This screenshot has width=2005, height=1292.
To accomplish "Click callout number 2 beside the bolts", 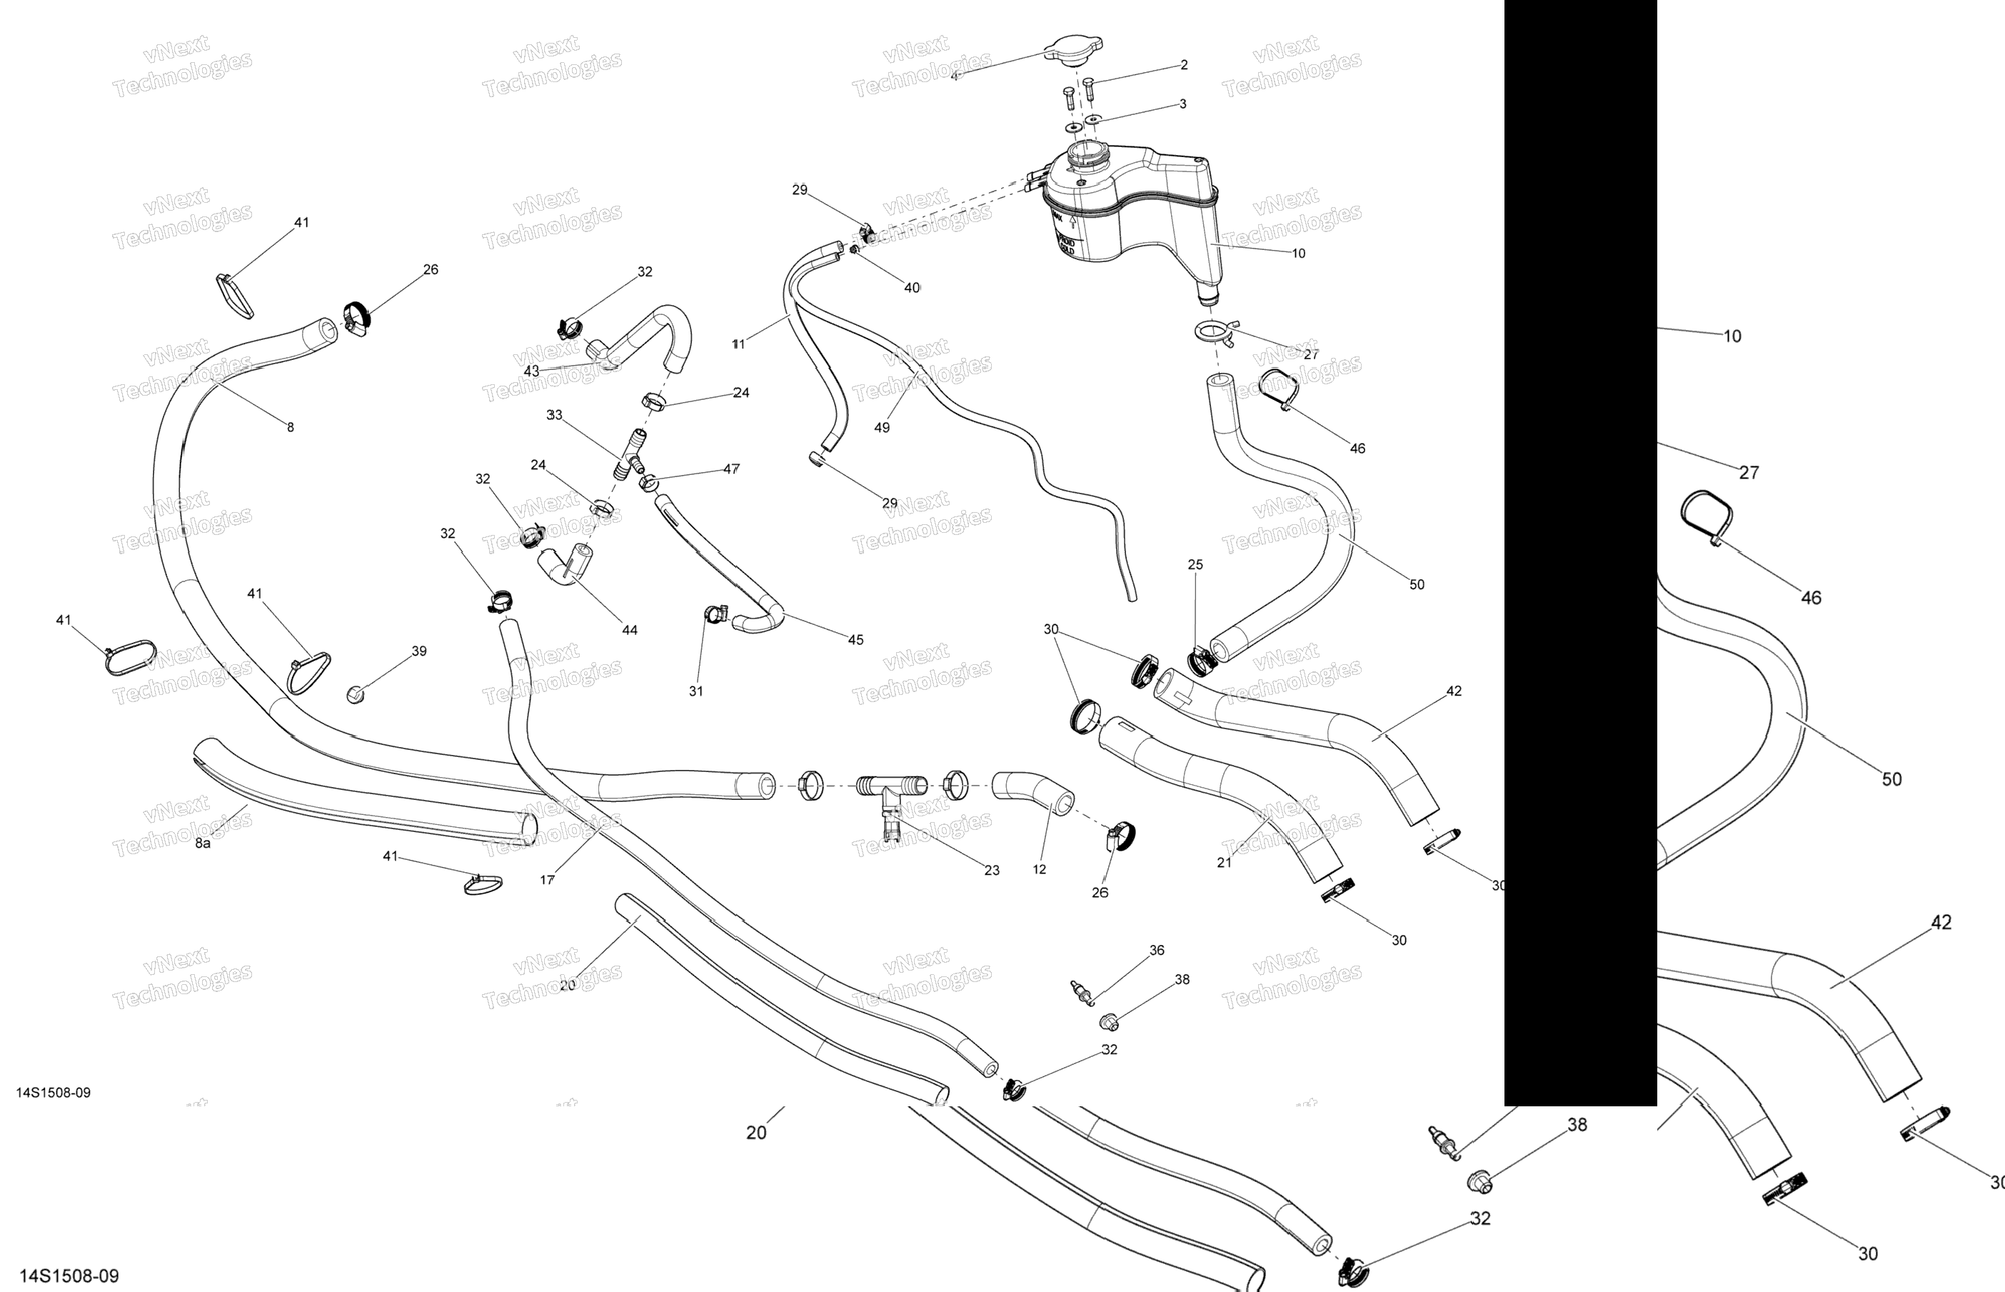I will pos(1183,64).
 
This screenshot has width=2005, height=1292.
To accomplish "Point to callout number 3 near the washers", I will pos(1182,104).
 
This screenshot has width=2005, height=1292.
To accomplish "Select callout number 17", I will pos(547,880).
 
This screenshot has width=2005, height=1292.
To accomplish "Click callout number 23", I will pos(992,871).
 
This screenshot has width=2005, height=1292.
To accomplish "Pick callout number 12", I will pos(1040,869).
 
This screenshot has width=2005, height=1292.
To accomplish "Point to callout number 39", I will pos(419,651).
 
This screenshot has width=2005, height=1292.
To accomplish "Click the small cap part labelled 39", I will pos(356,693).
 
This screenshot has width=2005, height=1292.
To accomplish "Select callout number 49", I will pos(881,428).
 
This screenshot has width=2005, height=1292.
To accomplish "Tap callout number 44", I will pos(630,630).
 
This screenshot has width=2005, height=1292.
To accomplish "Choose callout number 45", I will pos(855,639).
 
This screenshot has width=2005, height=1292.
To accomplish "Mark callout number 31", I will pos(696,691).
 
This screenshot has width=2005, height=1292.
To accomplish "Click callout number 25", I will pos(1196,565).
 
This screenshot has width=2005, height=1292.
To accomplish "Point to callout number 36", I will pos(1157,951).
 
